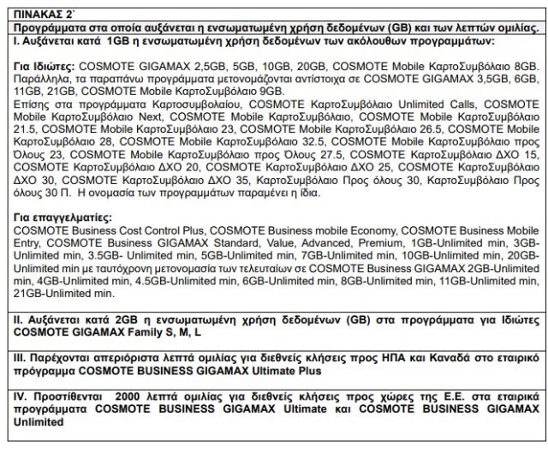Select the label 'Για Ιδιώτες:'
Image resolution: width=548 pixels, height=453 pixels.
coord(44,65)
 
